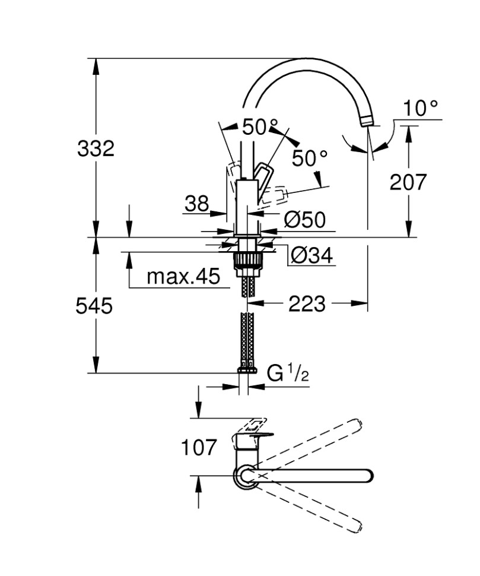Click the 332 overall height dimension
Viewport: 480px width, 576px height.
point(96,148)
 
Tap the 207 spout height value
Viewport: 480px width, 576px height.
point(408,182)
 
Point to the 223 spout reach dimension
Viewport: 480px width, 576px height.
point(307,304)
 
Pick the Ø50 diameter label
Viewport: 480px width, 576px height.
point(304,220)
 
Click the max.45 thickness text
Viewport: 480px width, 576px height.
point(183,276)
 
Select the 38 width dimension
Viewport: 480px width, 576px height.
point(196,204)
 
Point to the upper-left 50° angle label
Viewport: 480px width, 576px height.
point(260,127)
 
